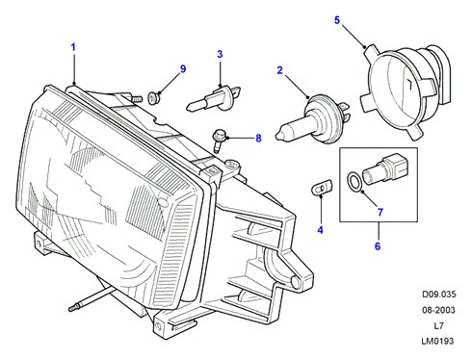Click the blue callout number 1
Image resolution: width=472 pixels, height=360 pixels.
(x=73, y=48)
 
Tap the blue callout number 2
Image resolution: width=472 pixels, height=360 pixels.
(x=280, y=70)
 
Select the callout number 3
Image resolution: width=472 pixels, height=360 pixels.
(x=220, y=54)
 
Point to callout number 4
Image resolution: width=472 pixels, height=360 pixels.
(x=320, y=230)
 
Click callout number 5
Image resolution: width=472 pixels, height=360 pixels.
(x=337, y=20)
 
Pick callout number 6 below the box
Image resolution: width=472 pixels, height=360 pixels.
(x=378, y=246)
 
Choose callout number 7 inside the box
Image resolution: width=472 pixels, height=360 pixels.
(x=380, y=212)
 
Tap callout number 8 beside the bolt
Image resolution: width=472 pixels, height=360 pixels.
(x=258, y=139)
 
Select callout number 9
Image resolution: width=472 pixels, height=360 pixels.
(x=183, y=69)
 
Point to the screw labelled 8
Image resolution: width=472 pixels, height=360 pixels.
(x=220, y=141)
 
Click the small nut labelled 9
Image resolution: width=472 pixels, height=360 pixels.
(x=154, y=97)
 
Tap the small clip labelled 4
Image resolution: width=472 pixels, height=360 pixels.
(x=322, y=187)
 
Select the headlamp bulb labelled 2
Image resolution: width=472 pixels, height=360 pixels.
(x=314, y=118)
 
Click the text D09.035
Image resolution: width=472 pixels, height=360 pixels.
(x=438, y=295)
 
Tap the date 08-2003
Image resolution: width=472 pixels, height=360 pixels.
(x=438, y=310)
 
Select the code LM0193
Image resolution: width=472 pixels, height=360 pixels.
(x=437, y=341)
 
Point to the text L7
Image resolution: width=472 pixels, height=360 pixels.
(x=438, y=326)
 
